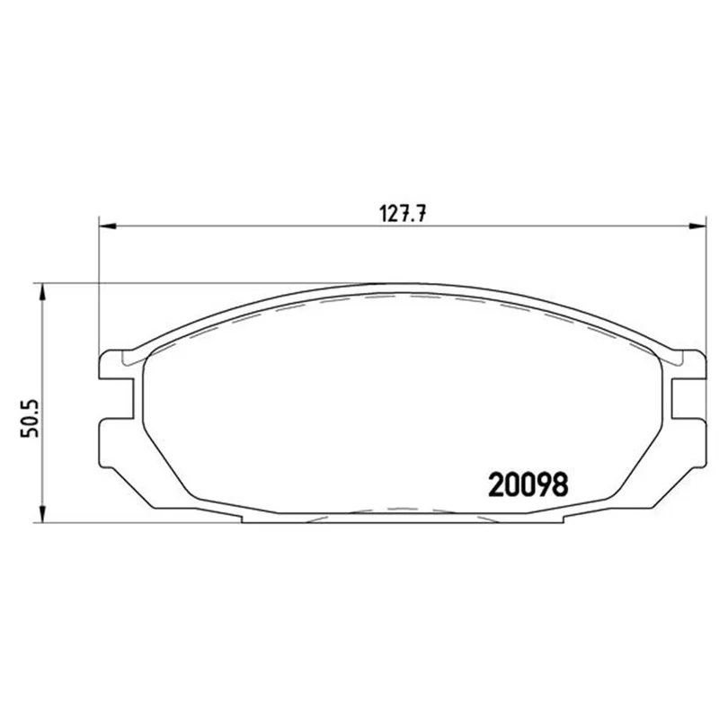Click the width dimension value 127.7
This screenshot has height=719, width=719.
[x=403, y=214]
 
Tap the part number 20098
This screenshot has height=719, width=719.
[x=528, y=484]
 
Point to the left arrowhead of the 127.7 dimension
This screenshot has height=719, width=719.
[x=108, y=226]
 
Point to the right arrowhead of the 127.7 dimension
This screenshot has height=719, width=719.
[x=697, y=226]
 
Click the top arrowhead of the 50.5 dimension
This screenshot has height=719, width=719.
[x=42, y=292]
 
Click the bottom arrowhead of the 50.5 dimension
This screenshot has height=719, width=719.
[x=42, y=514]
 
